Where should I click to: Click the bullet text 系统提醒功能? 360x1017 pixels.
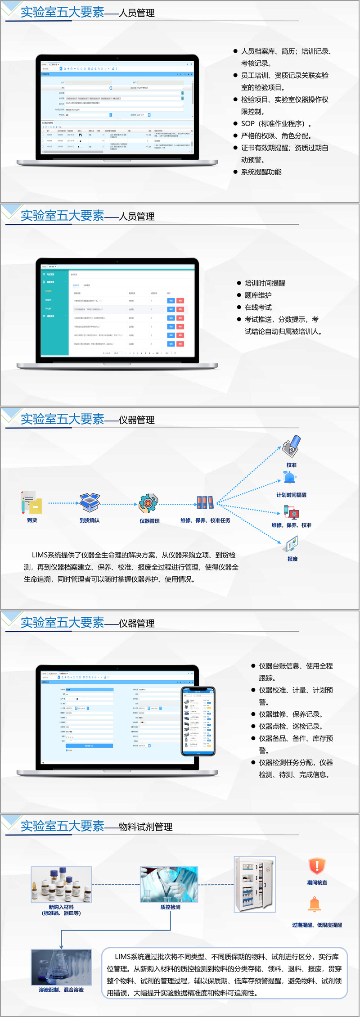click(x=261, y=172)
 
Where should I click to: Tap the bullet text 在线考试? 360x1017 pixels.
click(x=258, y=307)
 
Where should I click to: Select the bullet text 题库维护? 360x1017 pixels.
click(x=258, y=295)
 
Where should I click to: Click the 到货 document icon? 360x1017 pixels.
click(x=31, y=502)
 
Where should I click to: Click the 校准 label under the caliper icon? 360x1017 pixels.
click(x=292, y=465)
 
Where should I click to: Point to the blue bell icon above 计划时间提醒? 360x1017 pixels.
click(x=290, y=478)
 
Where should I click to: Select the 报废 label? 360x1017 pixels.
click(x=292, y=559)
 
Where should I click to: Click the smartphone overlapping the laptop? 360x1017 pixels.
click(x=198, y=721)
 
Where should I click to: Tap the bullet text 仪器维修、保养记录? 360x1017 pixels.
click(x=290, y=714)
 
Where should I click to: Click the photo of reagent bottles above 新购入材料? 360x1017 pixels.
click(x=61, y=885)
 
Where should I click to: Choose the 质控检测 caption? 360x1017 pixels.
click(x=170, y=907)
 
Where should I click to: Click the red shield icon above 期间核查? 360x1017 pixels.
click(x=317, y=866)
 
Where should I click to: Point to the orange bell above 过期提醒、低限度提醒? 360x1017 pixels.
click(x=315, y=904)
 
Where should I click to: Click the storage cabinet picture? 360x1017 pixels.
click(x=255, y=885)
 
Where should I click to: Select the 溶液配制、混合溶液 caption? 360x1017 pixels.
click(x=61, y=990)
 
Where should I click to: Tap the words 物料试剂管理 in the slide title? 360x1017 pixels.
click(x=145, y=827)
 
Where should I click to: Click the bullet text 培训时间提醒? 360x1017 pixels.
click(x=265, y=283)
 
